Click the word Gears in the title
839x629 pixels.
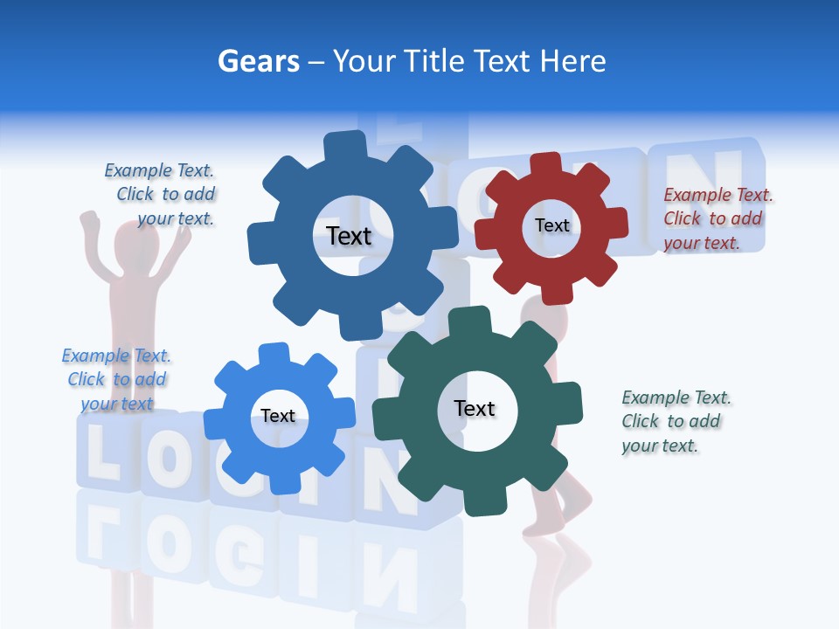coord(258,61)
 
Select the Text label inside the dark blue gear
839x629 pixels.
coord(349,236)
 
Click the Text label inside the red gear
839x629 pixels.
coord(551,225)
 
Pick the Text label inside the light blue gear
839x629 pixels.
coord(278,416)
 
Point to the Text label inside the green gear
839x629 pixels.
coord(475,409)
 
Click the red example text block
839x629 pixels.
coord(718,219)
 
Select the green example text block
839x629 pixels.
coord(676,421)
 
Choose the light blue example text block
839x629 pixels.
coord(116,379)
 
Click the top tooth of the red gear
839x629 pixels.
coord(546,163)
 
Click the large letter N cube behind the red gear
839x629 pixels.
coord(704,179)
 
